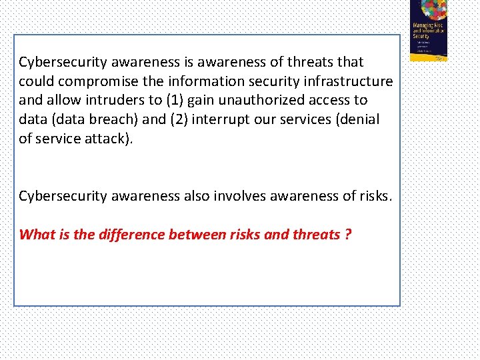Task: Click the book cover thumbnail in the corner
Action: (x=429, y=30)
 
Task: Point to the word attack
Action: (x=107, y=139)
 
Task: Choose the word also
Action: (x=197, y=196)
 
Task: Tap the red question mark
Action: (x=348, y=235)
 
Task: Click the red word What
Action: (x=36, y=235)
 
